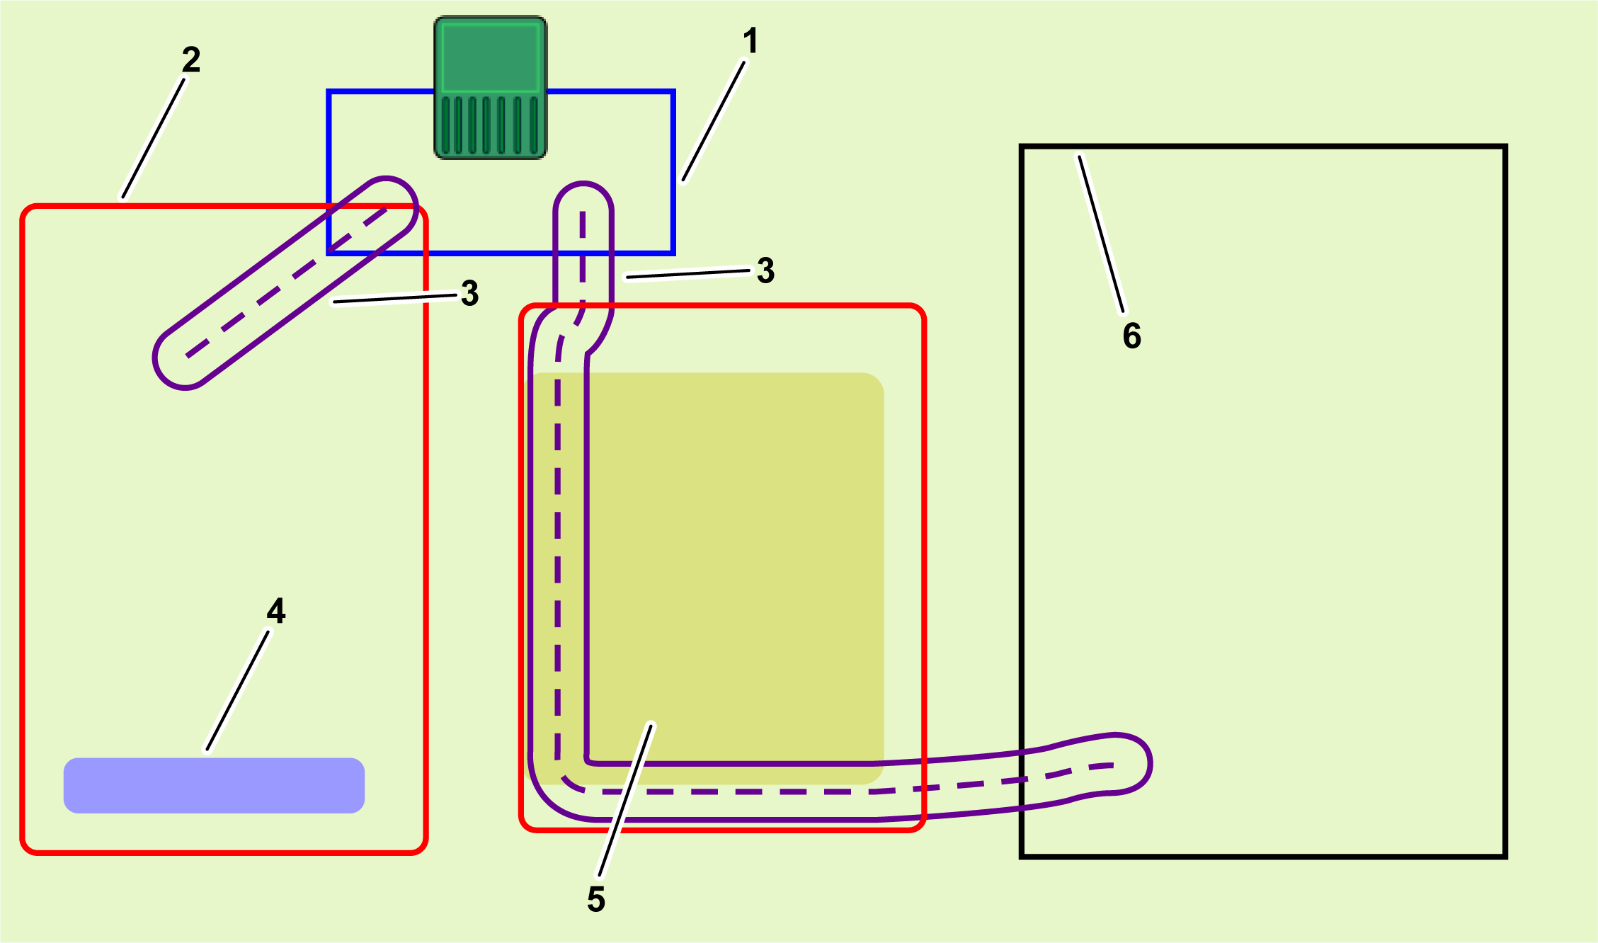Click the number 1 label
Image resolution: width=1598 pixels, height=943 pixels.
click(751, 41)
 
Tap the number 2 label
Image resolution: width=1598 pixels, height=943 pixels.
click(191, 59)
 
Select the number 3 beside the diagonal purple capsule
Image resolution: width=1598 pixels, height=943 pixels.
click(469, 293)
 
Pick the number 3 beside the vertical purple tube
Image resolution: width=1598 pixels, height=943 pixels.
click(765, 270)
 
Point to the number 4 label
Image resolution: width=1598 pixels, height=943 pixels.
click(276, 610)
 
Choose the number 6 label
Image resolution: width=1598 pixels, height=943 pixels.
click(1132, 336)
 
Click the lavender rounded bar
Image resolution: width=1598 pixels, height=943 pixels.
click(214, 786)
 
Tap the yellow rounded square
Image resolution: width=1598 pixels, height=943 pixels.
click(708, 578)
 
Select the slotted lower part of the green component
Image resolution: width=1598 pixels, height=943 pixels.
click(490, 125)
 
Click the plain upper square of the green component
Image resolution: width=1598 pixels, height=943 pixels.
click(490, 55)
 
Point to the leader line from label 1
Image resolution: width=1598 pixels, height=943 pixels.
click(714, 122)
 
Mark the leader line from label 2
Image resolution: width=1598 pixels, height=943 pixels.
click(154, 139)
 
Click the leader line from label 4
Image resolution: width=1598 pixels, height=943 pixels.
click(238, 690)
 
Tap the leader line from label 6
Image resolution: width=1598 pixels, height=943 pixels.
click(1101, 234)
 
